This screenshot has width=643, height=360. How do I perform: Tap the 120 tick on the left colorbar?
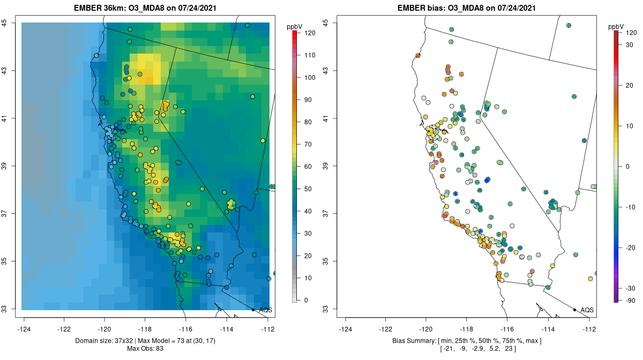tap(310, 33)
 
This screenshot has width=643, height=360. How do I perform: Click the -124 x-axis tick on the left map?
tap(24, 329)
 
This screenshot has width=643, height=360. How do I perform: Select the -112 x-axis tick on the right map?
tap(589, 329)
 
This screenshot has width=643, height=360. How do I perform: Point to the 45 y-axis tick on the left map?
tap(11, 23)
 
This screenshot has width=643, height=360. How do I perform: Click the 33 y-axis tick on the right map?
tap(332, 309)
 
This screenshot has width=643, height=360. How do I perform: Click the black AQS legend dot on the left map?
tap(253, 310)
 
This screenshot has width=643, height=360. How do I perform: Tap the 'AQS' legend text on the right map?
tap(587, 310)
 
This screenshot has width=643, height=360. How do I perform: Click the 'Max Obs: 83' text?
tap(146, 349)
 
